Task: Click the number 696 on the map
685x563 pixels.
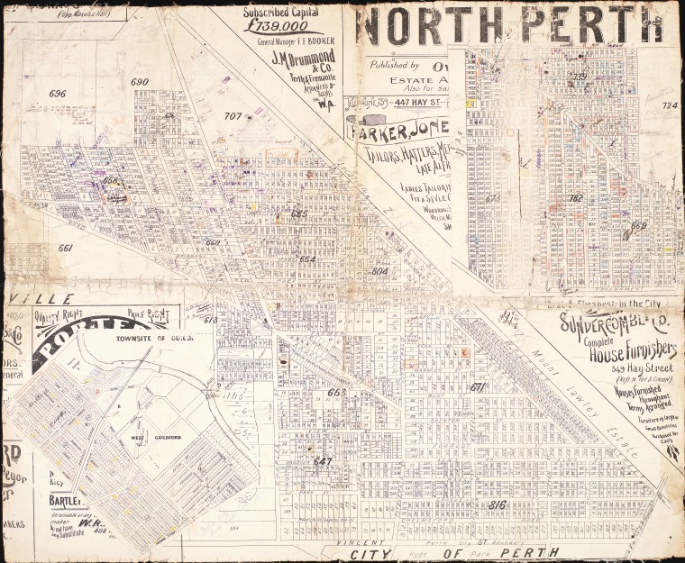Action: pos(58,94)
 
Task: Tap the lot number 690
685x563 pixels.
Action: pos(139,82)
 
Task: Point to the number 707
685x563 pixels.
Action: pos(233,116)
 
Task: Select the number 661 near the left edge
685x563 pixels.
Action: pos(65,248)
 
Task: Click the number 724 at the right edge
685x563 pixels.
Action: pos(669,105)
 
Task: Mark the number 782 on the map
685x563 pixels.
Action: pos(576,198)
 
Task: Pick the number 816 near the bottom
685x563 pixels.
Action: pos(497,504)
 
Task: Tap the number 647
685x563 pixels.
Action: pos(322,460)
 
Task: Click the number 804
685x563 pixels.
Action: pos(379,270)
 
